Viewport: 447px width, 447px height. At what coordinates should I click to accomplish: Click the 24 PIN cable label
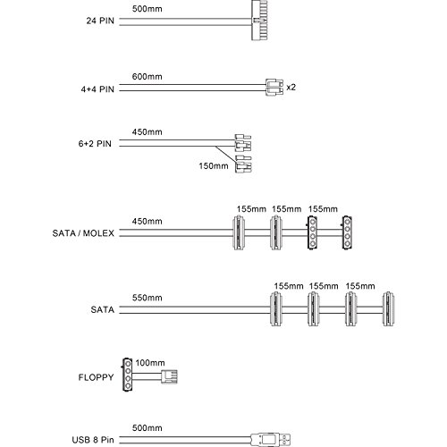click(100, 21)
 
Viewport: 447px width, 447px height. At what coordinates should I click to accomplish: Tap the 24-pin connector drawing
click(259, 20)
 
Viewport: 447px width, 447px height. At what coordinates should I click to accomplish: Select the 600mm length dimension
click(148, 77)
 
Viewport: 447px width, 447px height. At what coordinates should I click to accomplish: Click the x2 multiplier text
click(291, 88)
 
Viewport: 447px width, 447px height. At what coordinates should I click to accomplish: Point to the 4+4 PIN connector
click(274, 87)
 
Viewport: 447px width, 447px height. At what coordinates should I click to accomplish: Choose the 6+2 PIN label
click(95, 144)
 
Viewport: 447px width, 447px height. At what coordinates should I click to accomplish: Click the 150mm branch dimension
click(214, 165)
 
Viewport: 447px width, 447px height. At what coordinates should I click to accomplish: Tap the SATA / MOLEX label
click(83, 233)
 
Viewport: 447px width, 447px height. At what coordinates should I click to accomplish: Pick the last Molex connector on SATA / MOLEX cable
click(347, 232)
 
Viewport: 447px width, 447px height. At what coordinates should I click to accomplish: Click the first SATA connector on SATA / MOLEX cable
click(239, 232)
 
